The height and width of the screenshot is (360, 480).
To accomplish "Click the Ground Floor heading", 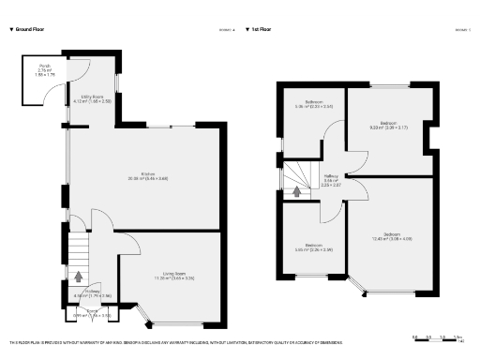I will pos(28,29).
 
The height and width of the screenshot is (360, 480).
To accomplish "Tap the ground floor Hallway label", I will pos(80,293).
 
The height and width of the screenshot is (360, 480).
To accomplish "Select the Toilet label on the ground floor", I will pos(92,312).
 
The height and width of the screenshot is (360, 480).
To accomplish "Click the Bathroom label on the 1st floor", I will pos(312,104).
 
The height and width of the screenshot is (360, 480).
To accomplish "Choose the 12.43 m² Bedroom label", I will pos(392,236).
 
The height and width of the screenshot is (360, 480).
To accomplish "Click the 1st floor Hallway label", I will pos(331,179).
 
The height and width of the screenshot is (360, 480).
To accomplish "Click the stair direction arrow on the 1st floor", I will pos(297,192).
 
